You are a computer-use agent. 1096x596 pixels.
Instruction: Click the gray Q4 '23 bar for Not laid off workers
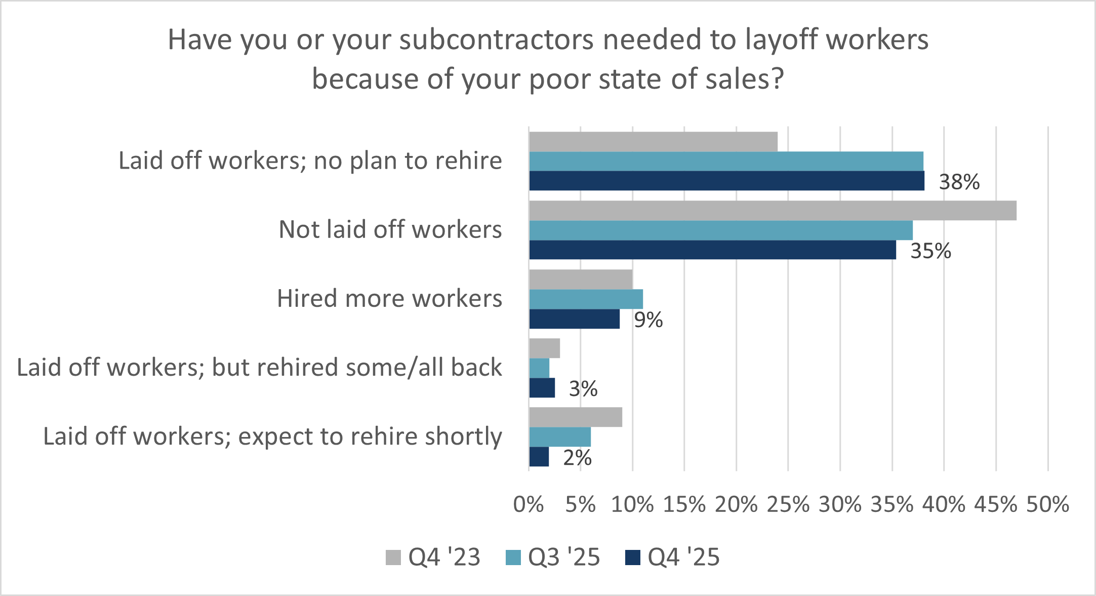[773, 211]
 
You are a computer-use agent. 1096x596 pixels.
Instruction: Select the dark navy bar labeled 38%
[726, 181]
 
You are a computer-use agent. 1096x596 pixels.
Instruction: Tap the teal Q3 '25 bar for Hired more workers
[586, 299]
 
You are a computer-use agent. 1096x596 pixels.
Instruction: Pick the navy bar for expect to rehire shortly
[539, 457]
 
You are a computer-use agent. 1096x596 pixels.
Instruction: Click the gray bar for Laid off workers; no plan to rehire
[653, 142]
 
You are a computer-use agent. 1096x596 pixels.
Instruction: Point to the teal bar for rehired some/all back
[539, 368]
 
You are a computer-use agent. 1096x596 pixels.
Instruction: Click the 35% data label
[930, 251]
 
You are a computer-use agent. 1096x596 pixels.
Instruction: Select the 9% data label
[648, 320]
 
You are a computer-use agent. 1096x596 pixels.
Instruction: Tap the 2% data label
[577, 458]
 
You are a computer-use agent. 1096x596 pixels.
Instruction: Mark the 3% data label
[583, 389]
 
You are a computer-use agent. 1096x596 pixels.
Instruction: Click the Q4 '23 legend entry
[433, 557]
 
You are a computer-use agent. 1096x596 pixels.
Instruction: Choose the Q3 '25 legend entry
[553, 557]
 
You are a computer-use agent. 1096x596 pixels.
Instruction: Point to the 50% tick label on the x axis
[1047, 504]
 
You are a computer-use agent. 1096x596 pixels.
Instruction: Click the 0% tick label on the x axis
[529, 504]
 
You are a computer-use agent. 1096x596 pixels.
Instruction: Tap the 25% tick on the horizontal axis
[788, 504]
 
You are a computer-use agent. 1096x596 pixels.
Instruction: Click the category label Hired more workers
[389, 298]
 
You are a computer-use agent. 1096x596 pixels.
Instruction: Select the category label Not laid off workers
[390, 229]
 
